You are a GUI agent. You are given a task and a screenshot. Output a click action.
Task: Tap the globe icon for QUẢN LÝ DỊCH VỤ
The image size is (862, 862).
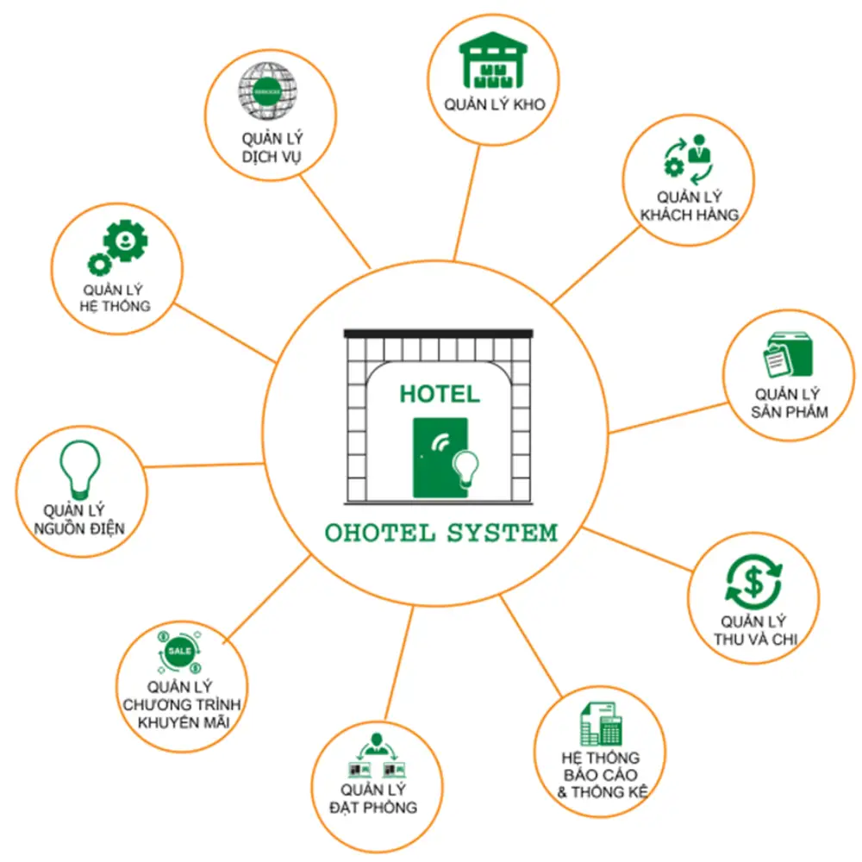tap(267, 89)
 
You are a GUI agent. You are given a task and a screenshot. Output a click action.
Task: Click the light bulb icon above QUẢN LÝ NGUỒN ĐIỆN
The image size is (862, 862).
tap(79, 469)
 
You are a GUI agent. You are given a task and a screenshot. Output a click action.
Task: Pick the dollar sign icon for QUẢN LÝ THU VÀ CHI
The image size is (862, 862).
tap(753, 581)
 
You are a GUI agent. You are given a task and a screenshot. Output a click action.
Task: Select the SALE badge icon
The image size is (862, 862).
tap(179, 651)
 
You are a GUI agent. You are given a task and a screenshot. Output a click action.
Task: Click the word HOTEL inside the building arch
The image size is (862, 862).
tap(440, 395)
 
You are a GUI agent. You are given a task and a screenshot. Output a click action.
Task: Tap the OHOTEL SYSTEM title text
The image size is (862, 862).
tap(441, 533)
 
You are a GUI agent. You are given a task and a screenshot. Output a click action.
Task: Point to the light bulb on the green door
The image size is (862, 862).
tap(466, 467)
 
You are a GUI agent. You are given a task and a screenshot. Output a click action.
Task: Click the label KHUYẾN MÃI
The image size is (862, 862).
tap(183, 722)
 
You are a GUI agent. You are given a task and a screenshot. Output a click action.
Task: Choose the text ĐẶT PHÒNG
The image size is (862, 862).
tap(373, 808)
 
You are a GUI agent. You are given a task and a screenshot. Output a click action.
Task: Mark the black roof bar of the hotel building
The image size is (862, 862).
tap(440, 332)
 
